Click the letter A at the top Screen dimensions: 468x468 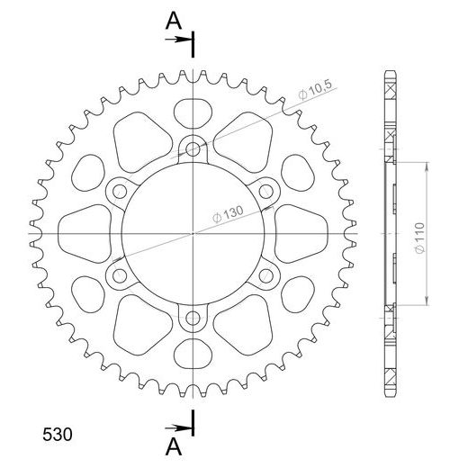[x=170, y=22]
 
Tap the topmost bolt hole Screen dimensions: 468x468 [x=194, y=148]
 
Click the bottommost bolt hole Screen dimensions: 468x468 [x=194, y=316]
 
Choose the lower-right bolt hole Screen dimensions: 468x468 [x=267, y=274]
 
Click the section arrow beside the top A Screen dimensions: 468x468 [x=182, y=40]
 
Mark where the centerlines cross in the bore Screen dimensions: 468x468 [x=194, y=232]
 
